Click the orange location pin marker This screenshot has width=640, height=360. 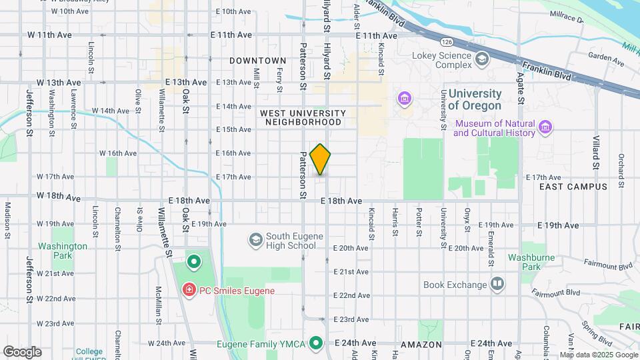(x=321, y=159)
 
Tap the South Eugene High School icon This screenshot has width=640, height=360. (x=255, y=239)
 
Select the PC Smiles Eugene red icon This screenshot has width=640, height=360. (x=189, y=290)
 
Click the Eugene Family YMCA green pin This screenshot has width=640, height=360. (x=317, y=344)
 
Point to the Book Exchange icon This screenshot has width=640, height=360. (x=497, y=285)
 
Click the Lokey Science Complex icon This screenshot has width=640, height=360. (x=480, y=60)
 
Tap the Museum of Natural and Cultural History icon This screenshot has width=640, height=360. (x=545, y=127)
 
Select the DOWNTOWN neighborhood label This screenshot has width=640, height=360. (x=258, y=61)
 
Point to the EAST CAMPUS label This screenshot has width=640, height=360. (x=573, y=187)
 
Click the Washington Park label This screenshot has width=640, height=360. (x=63, y=251)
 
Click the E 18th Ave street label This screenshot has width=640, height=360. (x=341, y=201)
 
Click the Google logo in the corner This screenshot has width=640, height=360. (x=21, y=352)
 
